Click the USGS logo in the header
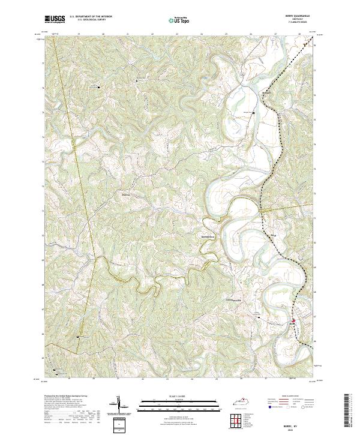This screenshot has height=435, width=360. coord(55,19)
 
